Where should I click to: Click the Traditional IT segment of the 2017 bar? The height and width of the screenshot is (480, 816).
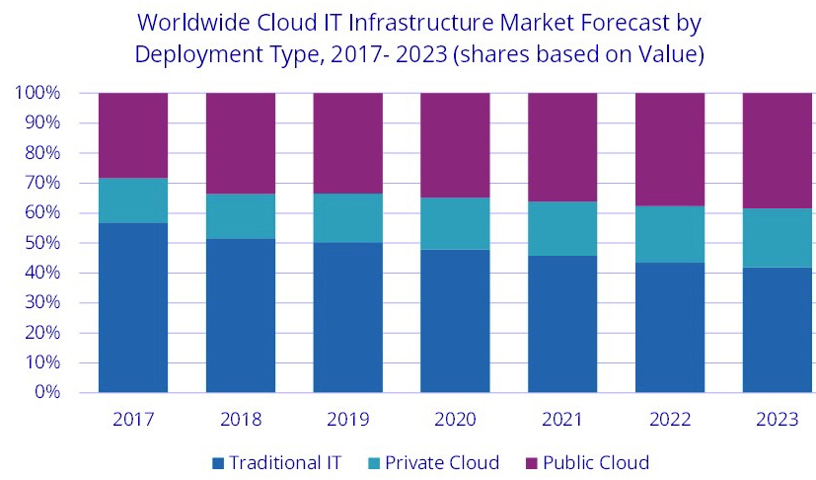(x=132, y=307)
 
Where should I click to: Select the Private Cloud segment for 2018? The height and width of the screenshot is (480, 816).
(x=240, y=216)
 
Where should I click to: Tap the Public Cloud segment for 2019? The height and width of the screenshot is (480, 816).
(x=347, y=143)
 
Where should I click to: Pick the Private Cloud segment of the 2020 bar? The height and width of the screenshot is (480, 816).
(x=455, y=223)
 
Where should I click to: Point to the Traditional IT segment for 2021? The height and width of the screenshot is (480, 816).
(x=562, y=324)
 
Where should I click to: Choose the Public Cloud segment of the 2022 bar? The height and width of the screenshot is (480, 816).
(x=669, y=149)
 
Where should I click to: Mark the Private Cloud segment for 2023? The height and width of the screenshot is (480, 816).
(x=777, y=238)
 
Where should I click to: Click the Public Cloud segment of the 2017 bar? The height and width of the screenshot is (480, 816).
(x=132, y=135)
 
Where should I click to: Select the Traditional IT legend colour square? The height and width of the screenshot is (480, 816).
(x=217, y=462)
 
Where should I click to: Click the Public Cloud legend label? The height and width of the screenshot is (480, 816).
(x=598, y=462)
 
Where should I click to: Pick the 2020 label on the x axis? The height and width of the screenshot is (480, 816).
(x=455, y=419)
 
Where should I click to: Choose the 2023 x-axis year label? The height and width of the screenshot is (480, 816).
(x=777, y=419)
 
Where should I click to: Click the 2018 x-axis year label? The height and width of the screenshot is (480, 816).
(x=240, y=419)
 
